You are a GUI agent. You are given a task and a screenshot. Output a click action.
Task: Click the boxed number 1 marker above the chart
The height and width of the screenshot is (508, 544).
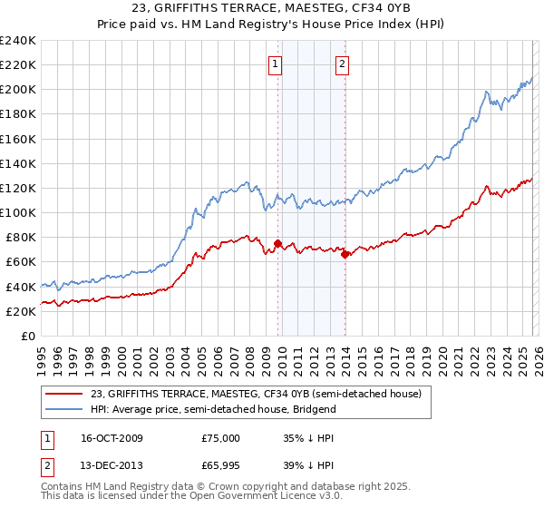(x=275, y=63)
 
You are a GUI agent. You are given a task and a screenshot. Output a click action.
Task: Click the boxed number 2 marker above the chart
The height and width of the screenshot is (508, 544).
(x=343, y=63)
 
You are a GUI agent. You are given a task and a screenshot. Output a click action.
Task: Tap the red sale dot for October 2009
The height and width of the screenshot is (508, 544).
(x=277, y=243)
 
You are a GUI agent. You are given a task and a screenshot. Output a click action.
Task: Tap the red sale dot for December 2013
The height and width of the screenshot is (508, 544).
(x=345, y=254)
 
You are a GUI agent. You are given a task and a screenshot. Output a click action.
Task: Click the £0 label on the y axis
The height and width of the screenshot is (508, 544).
(x=27, y=336)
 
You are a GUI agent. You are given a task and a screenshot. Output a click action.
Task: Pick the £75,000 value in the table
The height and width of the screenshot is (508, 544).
(x=221, y=437)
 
